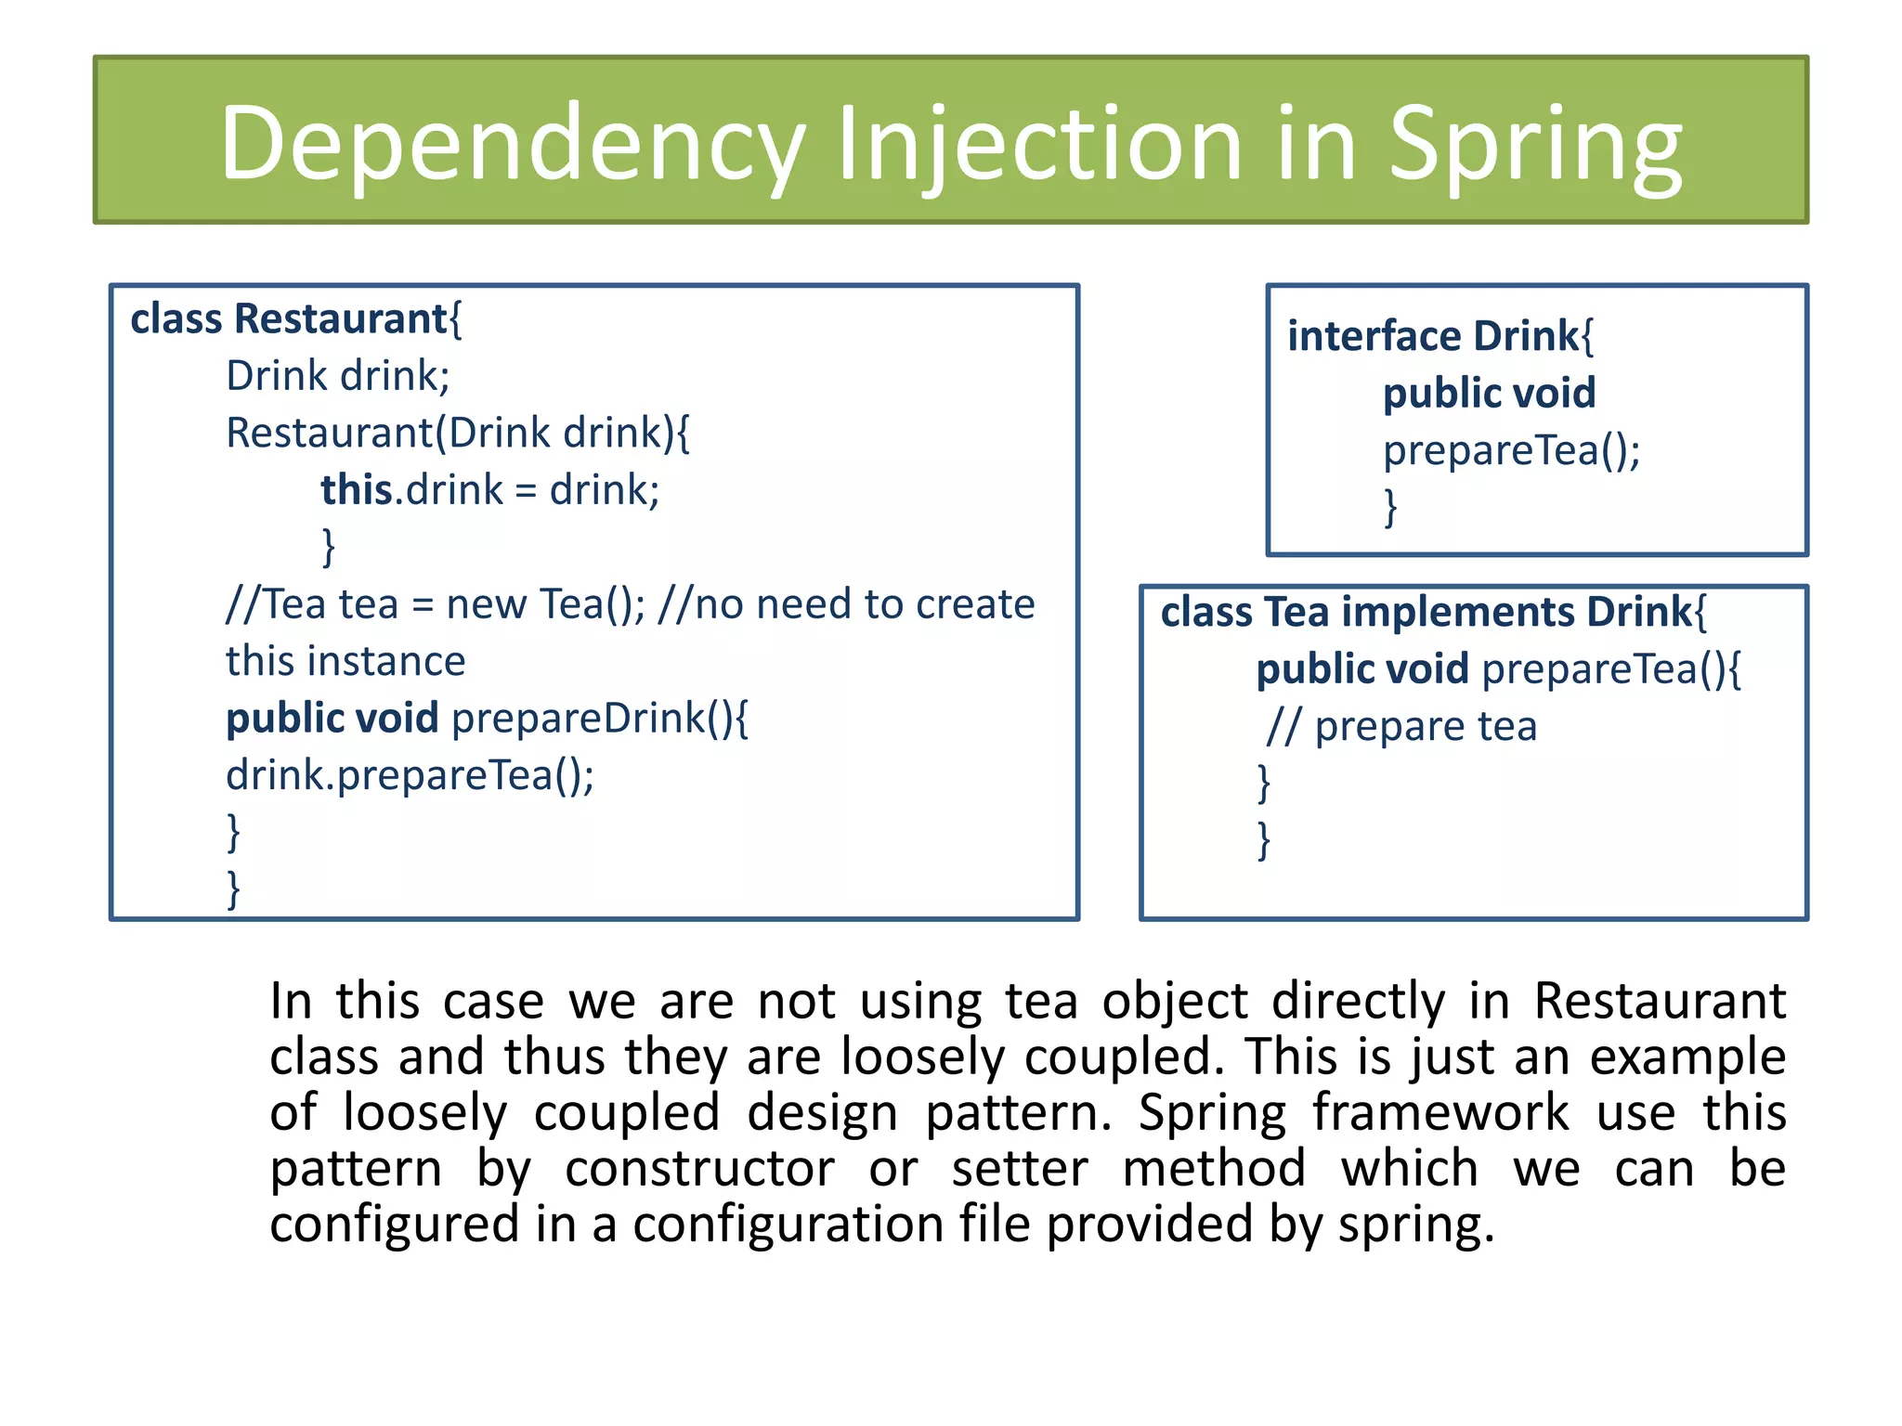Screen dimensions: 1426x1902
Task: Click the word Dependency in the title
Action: tap(511, 144)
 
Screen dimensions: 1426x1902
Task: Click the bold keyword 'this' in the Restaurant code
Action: tap(357, 489)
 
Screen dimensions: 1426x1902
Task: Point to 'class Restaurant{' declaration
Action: tap(295, 318)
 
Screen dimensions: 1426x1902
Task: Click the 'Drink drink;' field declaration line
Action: tap(338, 376)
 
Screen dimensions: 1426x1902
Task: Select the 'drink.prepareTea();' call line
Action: tap(410, 775)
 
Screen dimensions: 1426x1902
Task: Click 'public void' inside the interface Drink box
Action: tap(1489, 393)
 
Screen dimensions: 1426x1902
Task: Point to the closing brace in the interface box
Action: tap(1390, 507)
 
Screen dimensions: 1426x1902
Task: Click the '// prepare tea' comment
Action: tap(1401, 726)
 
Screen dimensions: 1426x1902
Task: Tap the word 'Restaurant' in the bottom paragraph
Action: tap(1659, 1001)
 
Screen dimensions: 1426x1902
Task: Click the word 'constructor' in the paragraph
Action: tap(699, 1168)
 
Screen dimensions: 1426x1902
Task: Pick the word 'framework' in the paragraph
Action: tap(1440, 1112)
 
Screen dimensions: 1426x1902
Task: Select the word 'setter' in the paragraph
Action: tap(1019, 1168)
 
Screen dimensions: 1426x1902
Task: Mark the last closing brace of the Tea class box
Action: tap(1263, 840)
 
